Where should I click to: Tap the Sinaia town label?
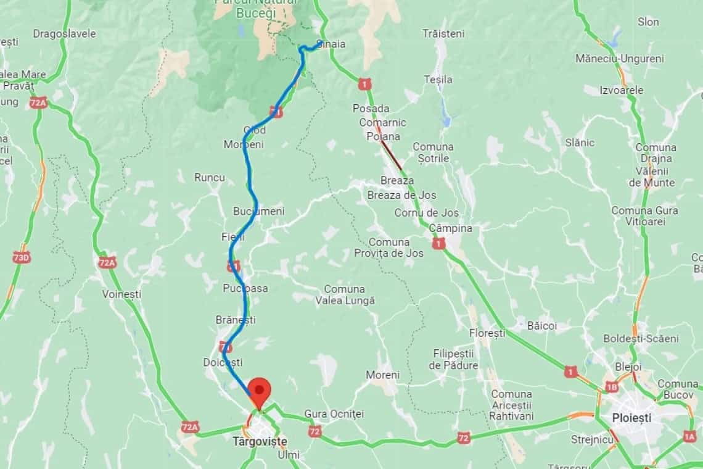[x=331, y=44]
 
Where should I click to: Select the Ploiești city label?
[x=631, y=418]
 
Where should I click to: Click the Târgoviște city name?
[x=260, y=441]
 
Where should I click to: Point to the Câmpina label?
[x=450, y=228]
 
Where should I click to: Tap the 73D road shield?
[x=22, y=257]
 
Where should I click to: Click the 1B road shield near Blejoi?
[x=611, y=387]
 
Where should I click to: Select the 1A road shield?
[x=689, y=436]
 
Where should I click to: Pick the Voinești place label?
[x=121, y=294]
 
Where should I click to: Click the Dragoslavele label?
[x=64, y=34]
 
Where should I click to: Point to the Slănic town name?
[x=580, y=143]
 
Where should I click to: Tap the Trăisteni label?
[x=443, y=34]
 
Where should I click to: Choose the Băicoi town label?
[x=542, y=325]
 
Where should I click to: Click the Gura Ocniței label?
[x=334, y=413]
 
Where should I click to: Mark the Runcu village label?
[x=210, y=178]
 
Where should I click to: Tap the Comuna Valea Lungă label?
[x=345, y=295]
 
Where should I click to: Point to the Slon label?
[x=648, y=22]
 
